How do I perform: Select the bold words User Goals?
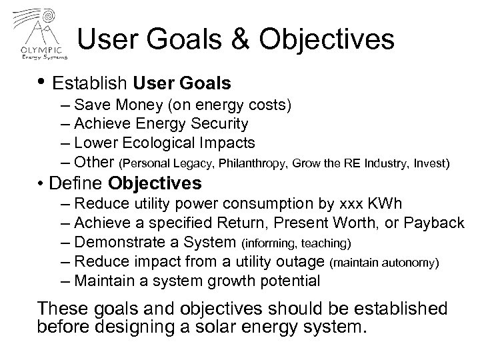click(182, 84)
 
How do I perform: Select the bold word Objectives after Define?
click(156, 183)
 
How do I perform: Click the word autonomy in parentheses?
click(409, 263)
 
